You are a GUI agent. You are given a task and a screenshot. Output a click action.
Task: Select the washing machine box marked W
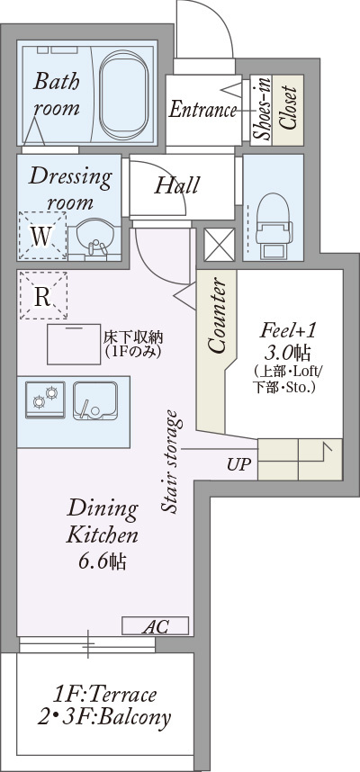pyautogui.click(x=42, y=236)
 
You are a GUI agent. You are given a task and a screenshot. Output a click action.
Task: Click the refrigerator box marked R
pyautogui.click(x=43, y=295)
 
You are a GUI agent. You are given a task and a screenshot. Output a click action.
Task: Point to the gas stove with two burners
pyautogui.click(x=45, y=399)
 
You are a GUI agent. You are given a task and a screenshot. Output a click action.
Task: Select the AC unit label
pyautogui.click(x=155, y=625)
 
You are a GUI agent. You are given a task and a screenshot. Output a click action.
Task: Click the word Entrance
pyautogui.click(x=202, y=109)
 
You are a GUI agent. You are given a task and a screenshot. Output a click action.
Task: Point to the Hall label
pyautogui.click(x=176, y=185)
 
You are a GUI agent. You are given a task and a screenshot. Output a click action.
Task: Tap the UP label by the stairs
pyautogui.click(x=238, y=463)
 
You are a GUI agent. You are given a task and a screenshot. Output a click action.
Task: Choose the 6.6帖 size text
pyautogui.click(x=102, y=561)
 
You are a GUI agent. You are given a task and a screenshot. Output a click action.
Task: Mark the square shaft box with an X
pyautogui.click(x=220, y=245)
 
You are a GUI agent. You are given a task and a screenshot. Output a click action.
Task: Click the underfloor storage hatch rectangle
pyautogui.click(x=75, y=345)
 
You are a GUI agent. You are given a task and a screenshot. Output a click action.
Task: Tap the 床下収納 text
pyautogui.click(x=133, y=337)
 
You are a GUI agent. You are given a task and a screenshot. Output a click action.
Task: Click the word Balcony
pyautogui.click(x=134, y=718)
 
